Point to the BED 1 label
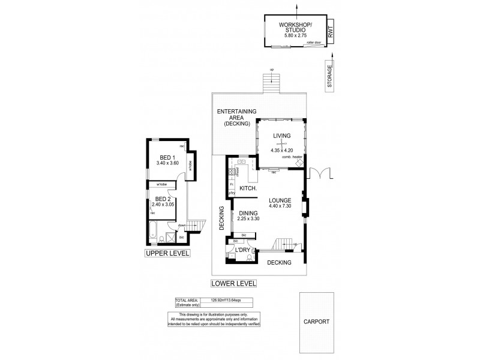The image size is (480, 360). (x=164, y=158)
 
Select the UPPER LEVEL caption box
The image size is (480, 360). (x=167, y=254)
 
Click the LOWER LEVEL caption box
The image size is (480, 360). (x=235, y=283)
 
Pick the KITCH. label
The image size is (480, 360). (x=248, y=188)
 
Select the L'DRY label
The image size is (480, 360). (x=242, y=250)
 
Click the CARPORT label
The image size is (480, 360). (x=316, y=322)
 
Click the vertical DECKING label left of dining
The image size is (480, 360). (x=221, y=218)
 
